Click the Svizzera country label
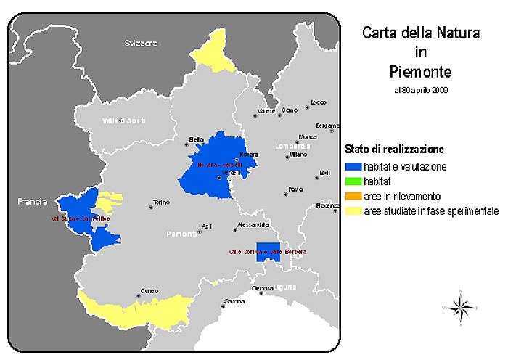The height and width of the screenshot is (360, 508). (x=140, y=44)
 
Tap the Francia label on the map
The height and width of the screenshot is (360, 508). (x=32, y=201)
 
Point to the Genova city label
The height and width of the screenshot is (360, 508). (x=263, y=289)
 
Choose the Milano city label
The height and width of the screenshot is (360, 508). (x=298, y=155)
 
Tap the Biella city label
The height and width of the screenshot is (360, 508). (x=195, y=139)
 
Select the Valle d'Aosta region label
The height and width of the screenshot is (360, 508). (x=120, y=120)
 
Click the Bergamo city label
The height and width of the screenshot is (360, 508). (x=328, y=125)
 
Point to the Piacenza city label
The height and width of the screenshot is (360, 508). (x=327, y=206)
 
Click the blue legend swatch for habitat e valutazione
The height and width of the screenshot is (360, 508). (x=352, y=167)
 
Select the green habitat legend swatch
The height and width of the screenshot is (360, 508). (x=352, y=181)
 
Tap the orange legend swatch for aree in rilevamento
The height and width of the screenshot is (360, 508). (x=352, y=197)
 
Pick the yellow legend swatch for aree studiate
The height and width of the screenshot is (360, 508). (x=352, y=211)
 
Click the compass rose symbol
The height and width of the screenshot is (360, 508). (x=459, y=308)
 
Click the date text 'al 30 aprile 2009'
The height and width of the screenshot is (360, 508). (x=421, y=91)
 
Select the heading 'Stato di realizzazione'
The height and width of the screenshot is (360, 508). (x=393, y=150)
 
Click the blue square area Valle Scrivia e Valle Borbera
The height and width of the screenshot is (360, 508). (x=269, y=251)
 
